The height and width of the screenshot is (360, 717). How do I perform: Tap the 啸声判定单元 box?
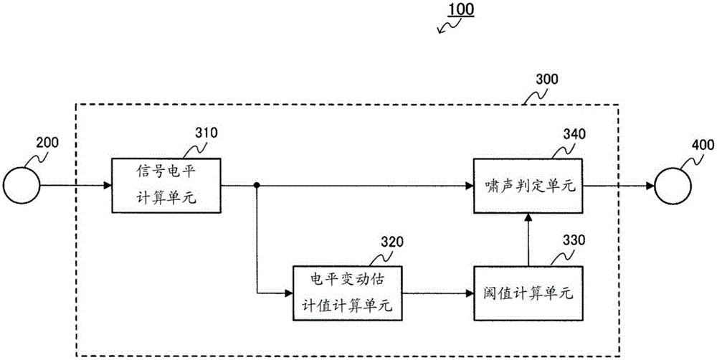coord(527,186)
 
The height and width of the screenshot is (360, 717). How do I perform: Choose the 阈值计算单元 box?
coord(527,293)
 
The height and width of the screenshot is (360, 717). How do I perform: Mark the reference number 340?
coord(569,133)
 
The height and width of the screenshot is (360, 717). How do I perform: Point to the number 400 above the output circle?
coord(702,145)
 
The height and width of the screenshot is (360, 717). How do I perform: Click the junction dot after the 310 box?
coord(256,186)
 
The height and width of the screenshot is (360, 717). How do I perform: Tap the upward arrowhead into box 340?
coord(528,218)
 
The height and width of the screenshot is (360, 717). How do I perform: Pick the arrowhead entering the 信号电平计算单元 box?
coord(107,186)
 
